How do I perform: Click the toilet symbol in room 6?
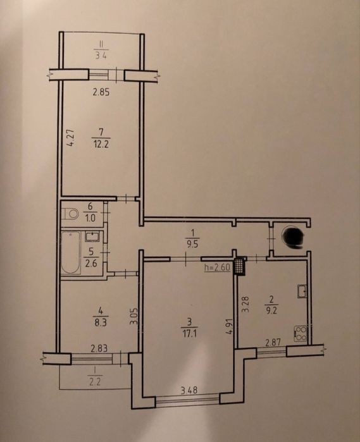70,213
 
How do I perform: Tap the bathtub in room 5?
71,252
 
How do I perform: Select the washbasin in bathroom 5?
92,236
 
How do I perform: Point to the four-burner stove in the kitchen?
301,333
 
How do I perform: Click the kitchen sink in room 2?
302,292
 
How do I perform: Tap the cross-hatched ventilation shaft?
240,267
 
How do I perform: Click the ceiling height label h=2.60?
218,267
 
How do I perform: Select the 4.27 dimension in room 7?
71,138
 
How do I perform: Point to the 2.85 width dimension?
101,92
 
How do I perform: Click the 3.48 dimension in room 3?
189,390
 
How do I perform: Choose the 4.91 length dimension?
229,327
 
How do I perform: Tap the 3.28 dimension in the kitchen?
245,304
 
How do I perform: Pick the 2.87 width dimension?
273,343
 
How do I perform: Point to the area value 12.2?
101,144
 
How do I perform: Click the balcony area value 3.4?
101,55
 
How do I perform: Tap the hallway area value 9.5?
192,244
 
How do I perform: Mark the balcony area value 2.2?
94,382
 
